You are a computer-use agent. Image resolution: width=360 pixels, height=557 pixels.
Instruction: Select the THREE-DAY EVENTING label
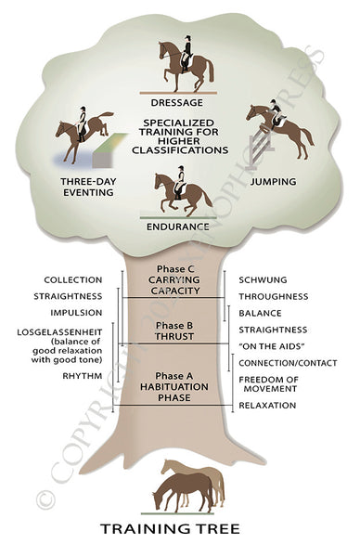(87, 188)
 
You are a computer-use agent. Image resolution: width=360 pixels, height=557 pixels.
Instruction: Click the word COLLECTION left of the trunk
(72, 279)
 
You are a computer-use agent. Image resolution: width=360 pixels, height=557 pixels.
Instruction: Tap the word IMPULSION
(77, 313)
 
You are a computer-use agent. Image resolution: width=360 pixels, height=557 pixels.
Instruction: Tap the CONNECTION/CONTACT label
(287, 363)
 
